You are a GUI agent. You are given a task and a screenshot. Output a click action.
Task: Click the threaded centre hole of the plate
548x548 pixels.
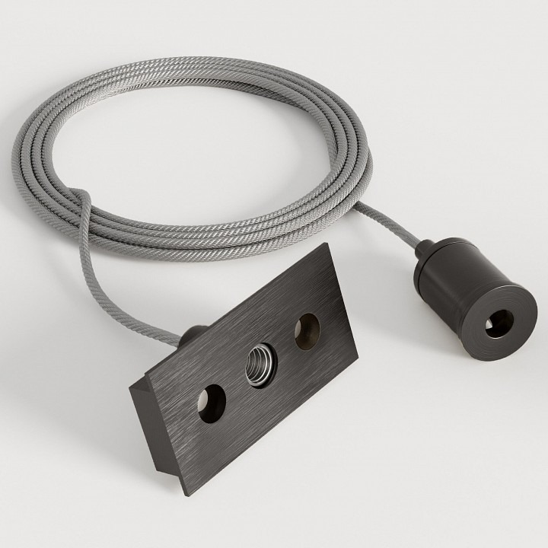[258, 364]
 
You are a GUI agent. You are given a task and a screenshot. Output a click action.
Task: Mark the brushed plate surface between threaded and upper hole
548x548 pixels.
[283, 346]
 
